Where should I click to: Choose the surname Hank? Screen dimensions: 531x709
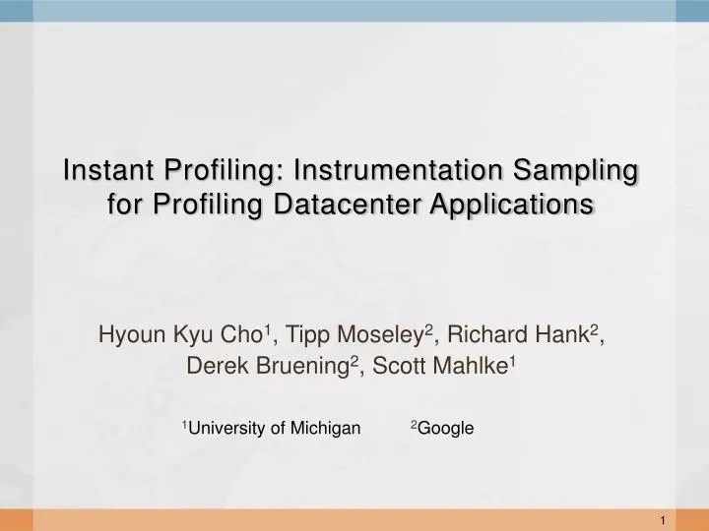[570, 334]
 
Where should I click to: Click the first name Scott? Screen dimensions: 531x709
[398, 367]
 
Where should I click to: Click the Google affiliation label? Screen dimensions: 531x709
[445, 428]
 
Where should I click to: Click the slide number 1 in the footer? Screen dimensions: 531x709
[667, 519]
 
